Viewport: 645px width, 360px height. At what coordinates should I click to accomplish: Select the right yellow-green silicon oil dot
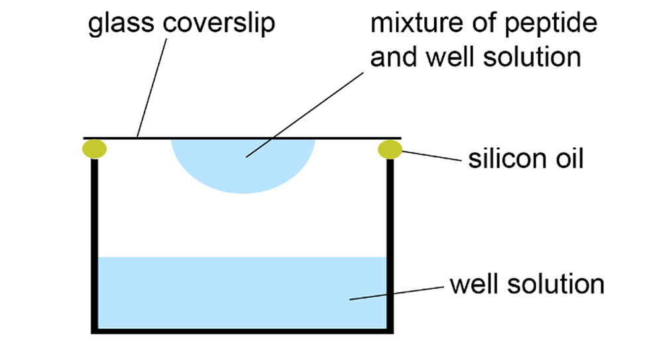point(390,150)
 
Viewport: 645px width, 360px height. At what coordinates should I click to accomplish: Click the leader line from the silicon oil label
point(430,157)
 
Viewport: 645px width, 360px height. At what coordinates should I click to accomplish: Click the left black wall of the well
point(94,245)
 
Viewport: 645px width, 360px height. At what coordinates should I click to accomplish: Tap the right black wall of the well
point(390,245)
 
